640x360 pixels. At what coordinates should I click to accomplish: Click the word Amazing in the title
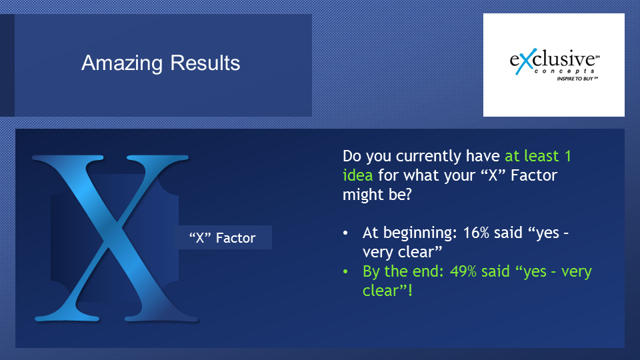(122, 64)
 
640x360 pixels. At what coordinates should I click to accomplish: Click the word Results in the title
(205, 63)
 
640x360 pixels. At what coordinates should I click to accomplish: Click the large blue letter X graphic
(115, 238)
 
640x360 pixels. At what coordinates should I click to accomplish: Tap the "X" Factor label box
(223, 237)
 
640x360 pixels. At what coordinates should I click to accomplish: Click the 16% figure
(476, 232)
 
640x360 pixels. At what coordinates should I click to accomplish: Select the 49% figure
(463, 271)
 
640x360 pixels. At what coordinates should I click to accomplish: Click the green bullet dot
(346, 271)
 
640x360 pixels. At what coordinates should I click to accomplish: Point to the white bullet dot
(346, 233)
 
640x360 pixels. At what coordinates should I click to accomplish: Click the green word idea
(357, 175)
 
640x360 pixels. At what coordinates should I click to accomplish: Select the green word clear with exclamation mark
(388, 291)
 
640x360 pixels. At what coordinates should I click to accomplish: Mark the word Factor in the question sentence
(534, 175)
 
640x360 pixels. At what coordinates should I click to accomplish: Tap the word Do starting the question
(352, 156)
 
